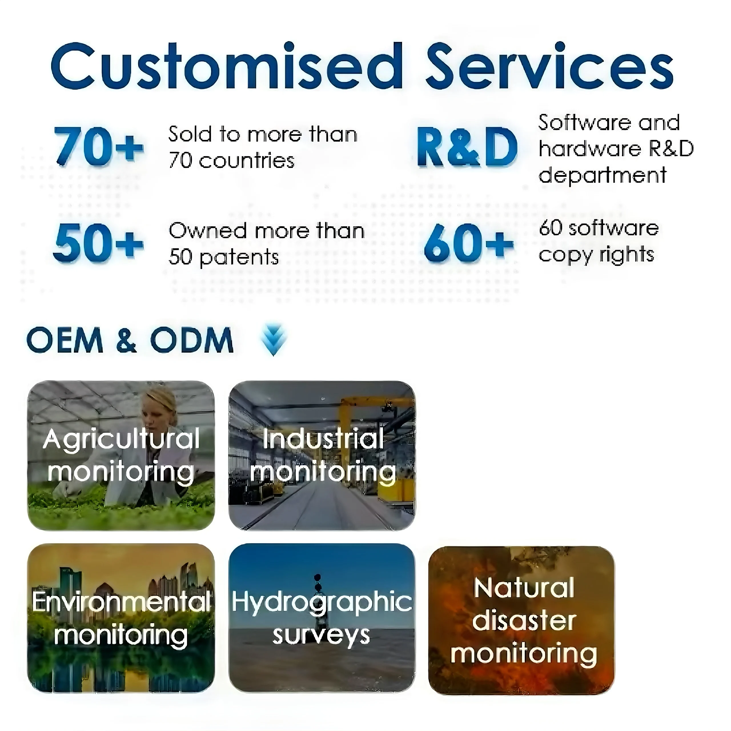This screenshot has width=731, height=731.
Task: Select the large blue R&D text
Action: tap(467, 148)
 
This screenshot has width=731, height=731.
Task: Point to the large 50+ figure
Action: tap(99, 243)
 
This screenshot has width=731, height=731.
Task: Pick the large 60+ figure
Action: tap(468, 243)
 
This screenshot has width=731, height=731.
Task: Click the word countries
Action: tap(246, 161)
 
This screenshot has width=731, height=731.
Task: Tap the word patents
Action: tap(239, 258)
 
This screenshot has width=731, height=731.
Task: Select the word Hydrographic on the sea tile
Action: tap(322, 602)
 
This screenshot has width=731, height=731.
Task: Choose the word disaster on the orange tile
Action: tap(524, 620)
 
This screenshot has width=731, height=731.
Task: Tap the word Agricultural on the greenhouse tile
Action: tap(121, 439)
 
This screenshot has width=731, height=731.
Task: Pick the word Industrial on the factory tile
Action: tap(322, 439)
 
